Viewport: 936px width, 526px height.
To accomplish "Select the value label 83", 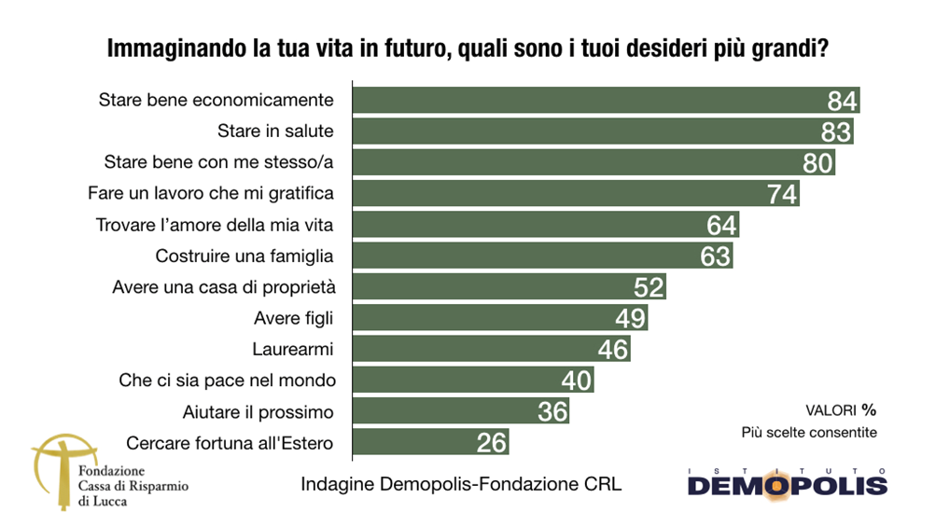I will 836,131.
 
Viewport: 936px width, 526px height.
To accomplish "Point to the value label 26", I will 491,443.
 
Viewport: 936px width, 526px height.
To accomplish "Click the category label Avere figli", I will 293,319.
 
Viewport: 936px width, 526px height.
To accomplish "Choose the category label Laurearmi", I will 293,350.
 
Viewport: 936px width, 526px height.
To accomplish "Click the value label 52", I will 648,287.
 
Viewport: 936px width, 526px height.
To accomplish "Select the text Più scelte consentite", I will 809,433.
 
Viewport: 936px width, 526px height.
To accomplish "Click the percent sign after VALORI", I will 869,409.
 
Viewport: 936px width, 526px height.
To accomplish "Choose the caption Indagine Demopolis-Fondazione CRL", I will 461,485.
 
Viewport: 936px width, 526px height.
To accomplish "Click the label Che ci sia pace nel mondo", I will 227,381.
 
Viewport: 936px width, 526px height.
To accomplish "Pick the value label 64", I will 721,225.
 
